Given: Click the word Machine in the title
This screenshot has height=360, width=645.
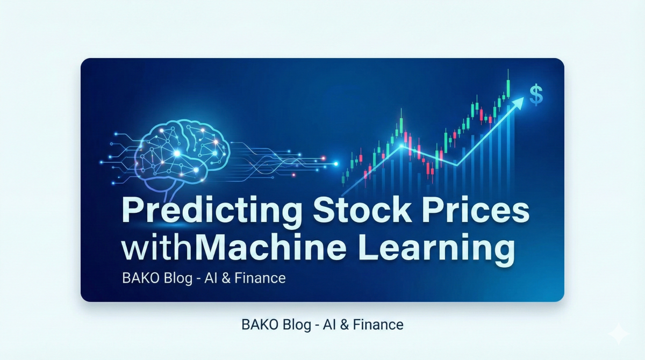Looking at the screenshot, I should (267, 249).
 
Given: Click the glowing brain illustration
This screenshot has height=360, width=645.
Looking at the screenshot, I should (177, 153).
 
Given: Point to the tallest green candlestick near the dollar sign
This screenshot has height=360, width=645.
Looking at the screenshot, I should (507, 88).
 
